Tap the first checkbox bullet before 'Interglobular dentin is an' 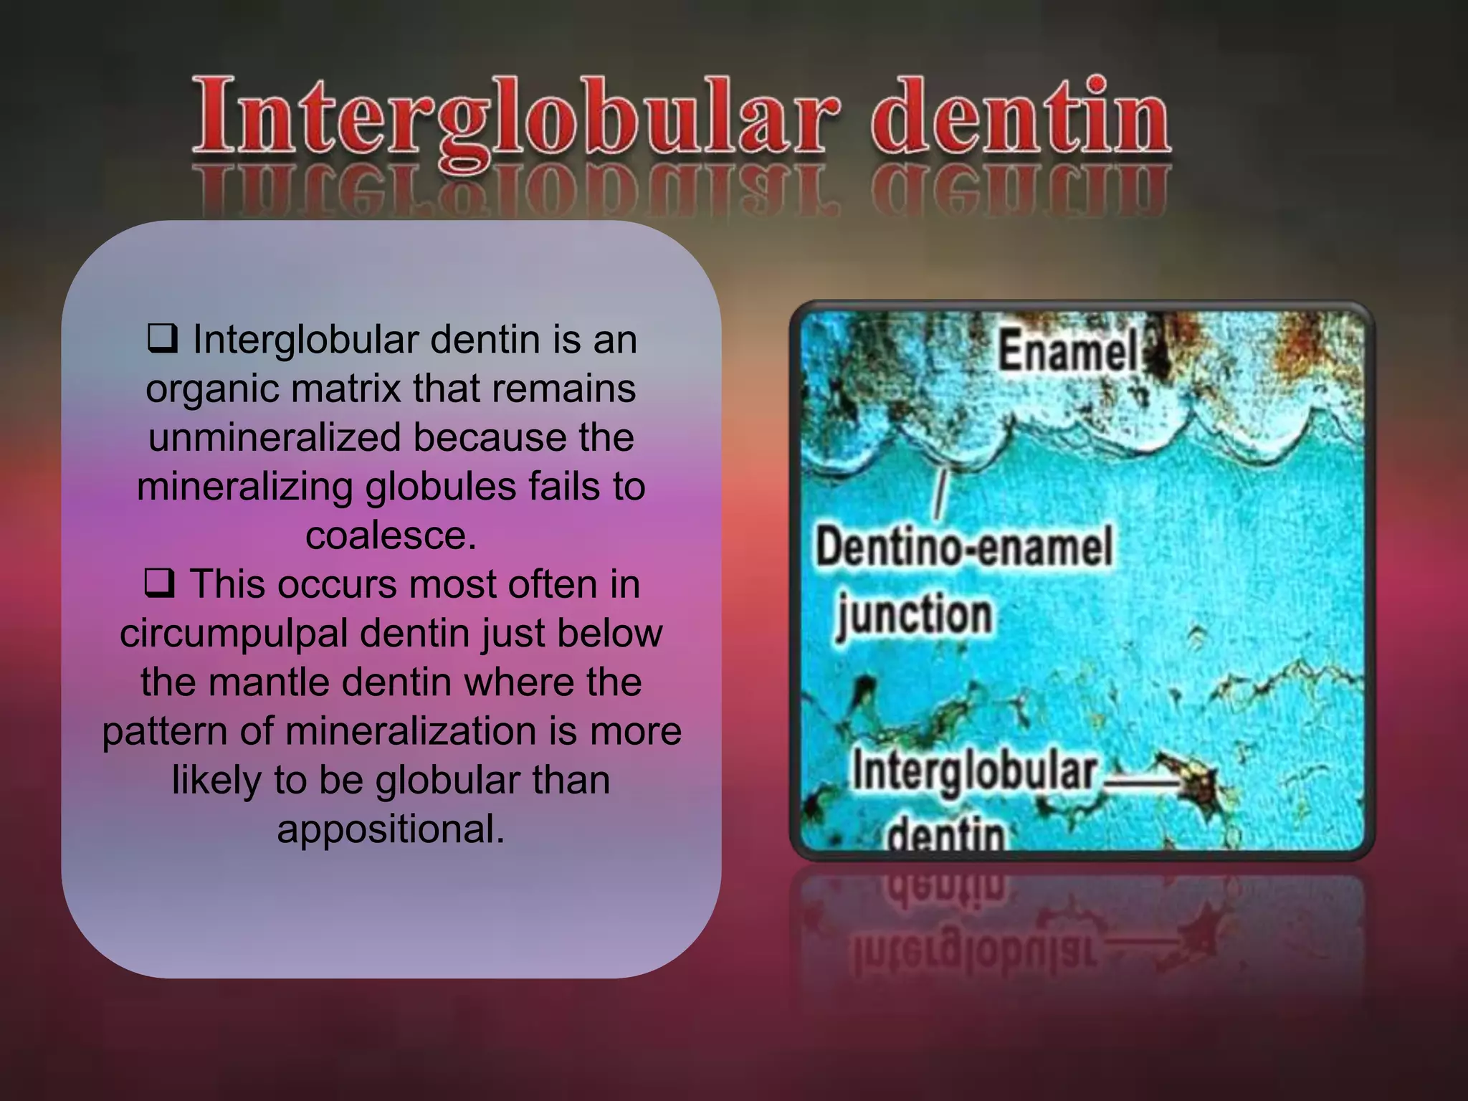click(x=162, y=339)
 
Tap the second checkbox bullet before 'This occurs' click(x=158, y=583)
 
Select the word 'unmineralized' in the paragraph click(x=275, y=437)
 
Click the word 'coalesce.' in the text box click(x=391, y=535)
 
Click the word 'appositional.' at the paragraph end click(x=391, y=829)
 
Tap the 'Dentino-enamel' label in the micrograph click(x=963, y=547)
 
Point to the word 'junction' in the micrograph click(x=914, y=615)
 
